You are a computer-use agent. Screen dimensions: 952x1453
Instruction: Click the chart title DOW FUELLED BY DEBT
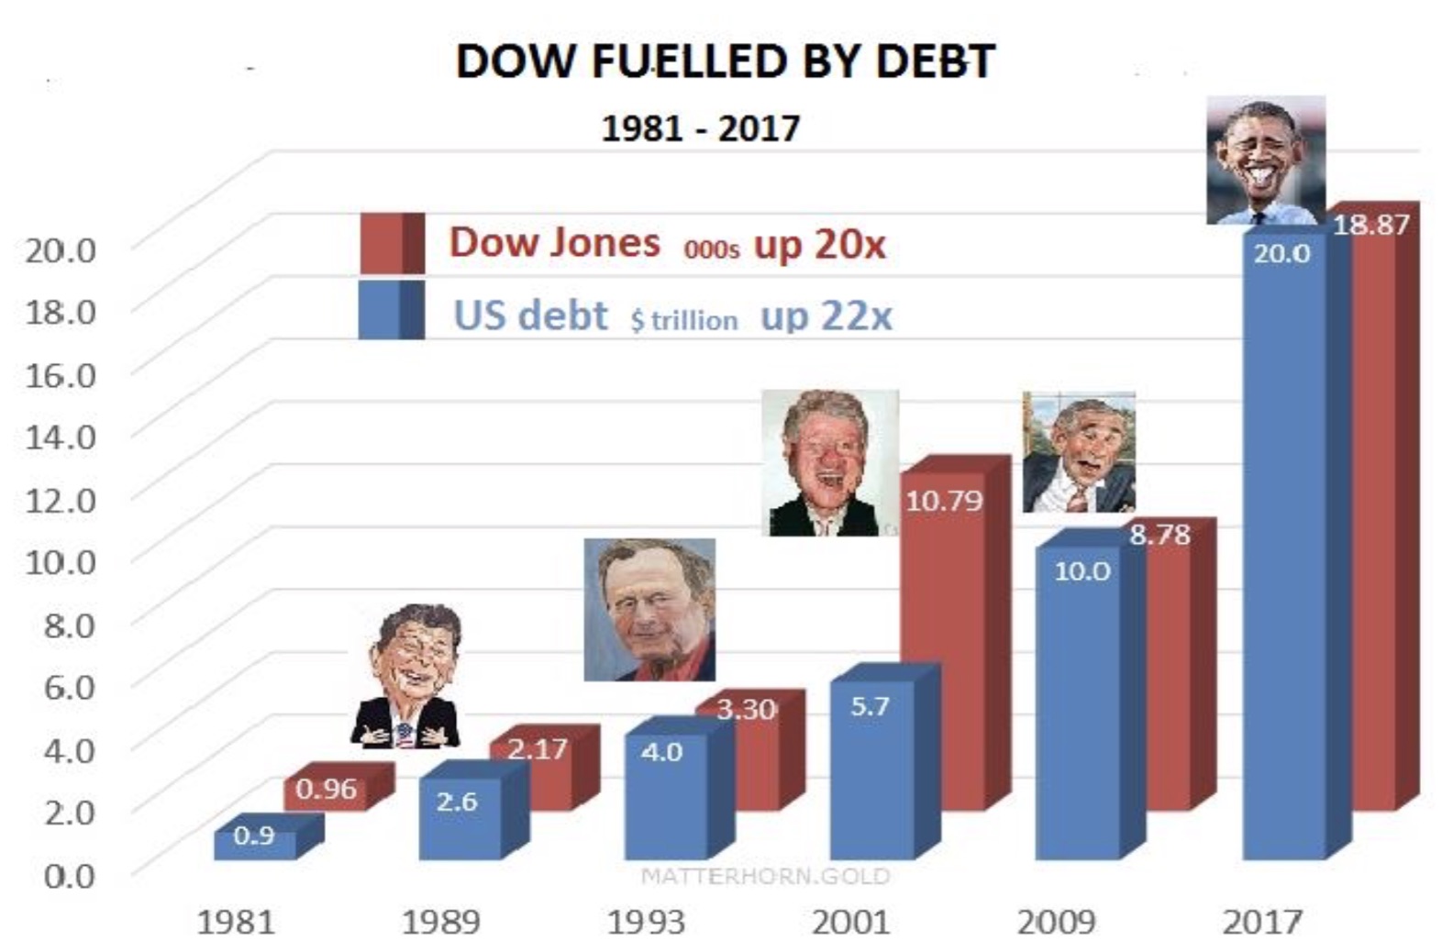click(725, 62)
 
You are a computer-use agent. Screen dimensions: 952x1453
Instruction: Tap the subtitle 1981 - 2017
click(700, 127)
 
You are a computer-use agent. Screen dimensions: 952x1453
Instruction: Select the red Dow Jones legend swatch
click(392, 243)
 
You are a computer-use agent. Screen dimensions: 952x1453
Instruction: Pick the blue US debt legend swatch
click(391, 310)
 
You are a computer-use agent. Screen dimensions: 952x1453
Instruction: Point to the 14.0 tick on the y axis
click(61, 436)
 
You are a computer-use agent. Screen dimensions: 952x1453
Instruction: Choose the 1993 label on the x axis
click(646, 921)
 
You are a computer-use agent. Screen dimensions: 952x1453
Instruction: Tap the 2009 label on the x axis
click(1056, 921)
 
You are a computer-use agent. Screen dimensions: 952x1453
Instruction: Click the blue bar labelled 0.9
click(255, 845)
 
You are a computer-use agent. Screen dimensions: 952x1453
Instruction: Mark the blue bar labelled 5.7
click(871, 780)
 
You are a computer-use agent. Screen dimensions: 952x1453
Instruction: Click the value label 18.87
click(1370, 225)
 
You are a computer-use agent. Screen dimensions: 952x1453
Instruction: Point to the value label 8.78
click(1159, 534)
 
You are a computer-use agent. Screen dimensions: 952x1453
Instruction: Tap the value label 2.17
click(538, 749)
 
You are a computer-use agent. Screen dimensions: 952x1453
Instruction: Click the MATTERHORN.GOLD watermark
click(765, 876)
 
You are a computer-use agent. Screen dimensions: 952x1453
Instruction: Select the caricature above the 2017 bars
click(1266, 160)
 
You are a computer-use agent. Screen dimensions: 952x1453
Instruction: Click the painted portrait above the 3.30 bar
click(649, 609)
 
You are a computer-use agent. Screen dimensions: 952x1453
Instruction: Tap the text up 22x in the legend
click(826, 316)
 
